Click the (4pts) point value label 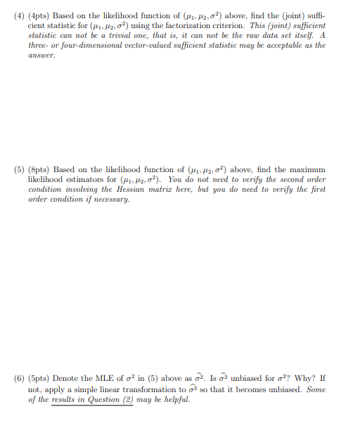tap(39, 15)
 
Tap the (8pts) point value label tap(39, 170)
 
